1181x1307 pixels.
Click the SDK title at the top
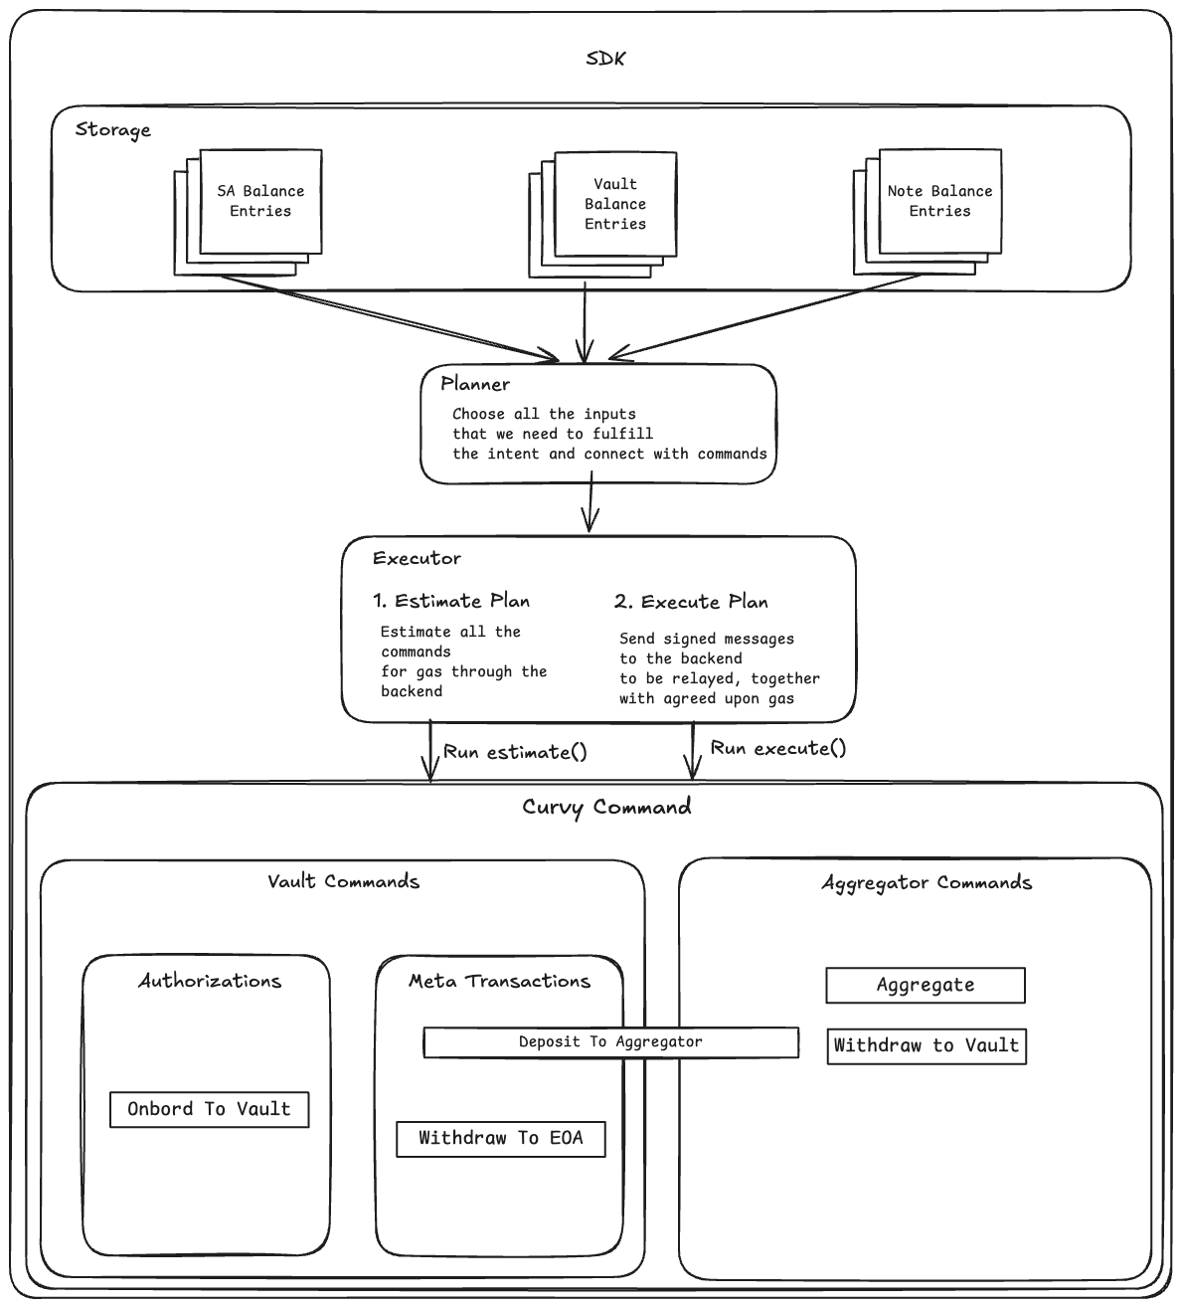point(605,59)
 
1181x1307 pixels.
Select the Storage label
point(113,130)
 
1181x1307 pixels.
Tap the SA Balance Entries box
point(260,201)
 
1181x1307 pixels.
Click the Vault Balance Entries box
point(615,204)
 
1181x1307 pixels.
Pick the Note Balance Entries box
point(939,201)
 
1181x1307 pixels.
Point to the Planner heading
point(475,384)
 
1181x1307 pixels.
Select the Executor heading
point(417,558)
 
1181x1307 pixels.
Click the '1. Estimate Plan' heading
point(451,601)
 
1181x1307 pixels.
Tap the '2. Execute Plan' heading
point(691,602)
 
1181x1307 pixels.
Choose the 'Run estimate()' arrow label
point(515,752)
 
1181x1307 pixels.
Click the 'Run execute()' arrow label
point(777,748)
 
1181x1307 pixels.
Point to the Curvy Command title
point(606,807)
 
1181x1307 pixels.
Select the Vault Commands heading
point(343,881)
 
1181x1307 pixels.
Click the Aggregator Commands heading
point(927,883)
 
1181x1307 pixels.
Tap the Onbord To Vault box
point(209,1109)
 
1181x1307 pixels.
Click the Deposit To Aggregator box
point(610,1041)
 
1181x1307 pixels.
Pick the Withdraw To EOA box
point(500,1138)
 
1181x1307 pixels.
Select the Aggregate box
point(925,985)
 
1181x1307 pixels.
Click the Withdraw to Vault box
point(926,1045)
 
